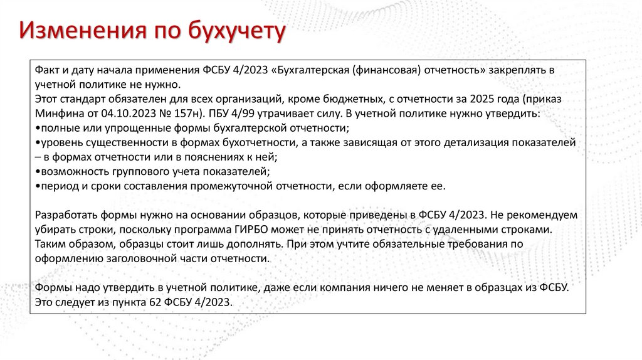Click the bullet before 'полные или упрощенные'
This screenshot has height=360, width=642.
38,129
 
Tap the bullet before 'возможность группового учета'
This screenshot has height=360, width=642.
38,172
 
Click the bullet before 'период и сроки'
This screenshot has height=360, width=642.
38,186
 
